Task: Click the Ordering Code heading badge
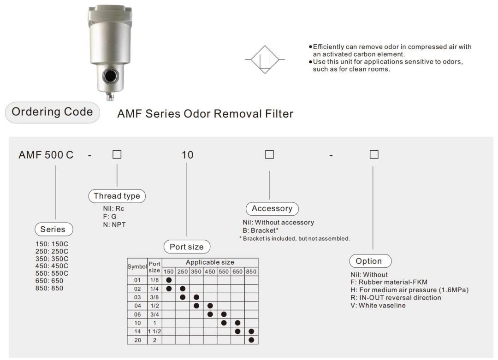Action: tap(52, 112)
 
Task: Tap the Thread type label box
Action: tap(117, 195)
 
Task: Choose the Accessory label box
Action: tap(272, 208)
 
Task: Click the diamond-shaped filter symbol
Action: tap(265, 60)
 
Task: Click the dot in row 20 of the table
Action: tap(251, 340)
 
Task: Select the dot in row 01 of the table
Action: tap(169, 280)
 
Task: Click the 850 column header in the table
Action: tap(251, 271)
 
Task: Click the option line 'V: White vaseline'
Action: tap(378, 305)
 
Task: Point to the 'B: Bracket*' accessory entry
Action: tap(262, 230)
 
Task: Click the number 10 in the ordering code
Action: tap(187, 154)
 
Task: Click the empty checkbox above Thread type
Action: tap(117, 155)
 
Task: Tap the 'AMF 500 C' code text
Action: tap(46, 154)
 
